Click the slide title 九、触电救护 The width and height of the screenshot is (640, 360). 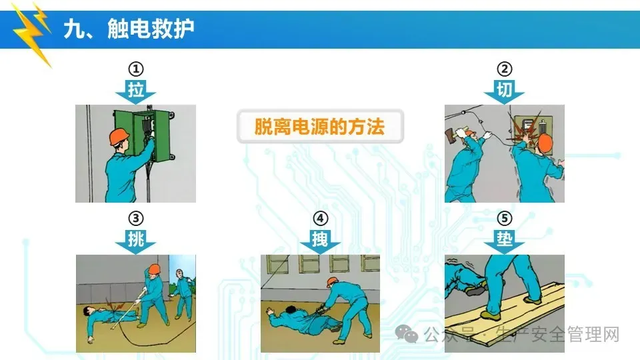129,29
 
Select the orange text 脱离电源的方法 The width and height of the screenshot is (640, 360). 319,127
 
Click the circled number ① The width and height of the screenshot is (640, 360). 136,69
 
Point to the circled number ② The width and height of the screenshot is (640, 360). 505,69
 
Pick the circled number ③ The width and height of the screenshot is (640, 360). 136,219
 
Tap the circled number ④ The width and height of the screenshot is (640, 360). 321,219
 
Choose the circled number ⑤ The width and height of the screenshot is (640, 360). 505,219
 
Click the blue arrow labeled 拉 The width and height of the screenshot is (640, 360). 136,91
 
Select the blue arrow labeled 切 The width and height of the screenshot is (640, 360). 505,91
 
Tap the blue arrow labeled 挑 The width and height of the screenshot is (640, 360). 136,241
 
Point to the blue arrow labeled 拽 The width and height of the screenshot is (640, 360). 321,241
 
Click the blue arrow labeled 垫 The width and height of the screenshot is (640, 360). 505,241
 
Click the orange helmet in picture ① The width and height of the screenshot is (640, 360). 119,136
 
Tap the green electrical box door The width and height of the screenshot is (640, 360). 125,131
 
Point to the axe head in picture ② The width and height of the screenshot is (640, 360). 450,135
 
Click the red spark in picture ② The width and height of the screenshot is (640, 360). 526,129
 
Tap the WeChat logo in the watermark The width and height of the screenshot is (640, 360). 407,334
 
